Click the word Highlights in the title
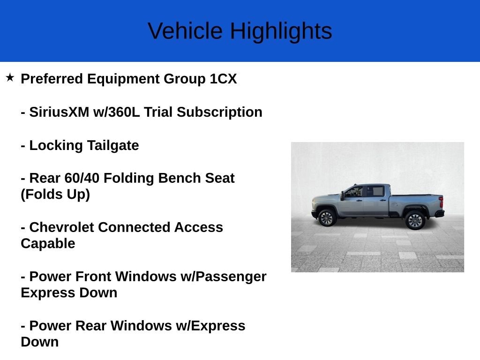tap(281, 31)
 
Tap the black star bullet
tap(10, 77)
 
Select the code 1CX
tap(223, 79)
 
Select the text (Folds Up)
tap(55, 194)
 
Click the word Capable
tap(48, 244)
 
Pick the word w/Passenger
tap(224, 277)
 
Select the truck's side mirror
tap(343, 195)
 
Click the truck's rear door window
tap(375, 191)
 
